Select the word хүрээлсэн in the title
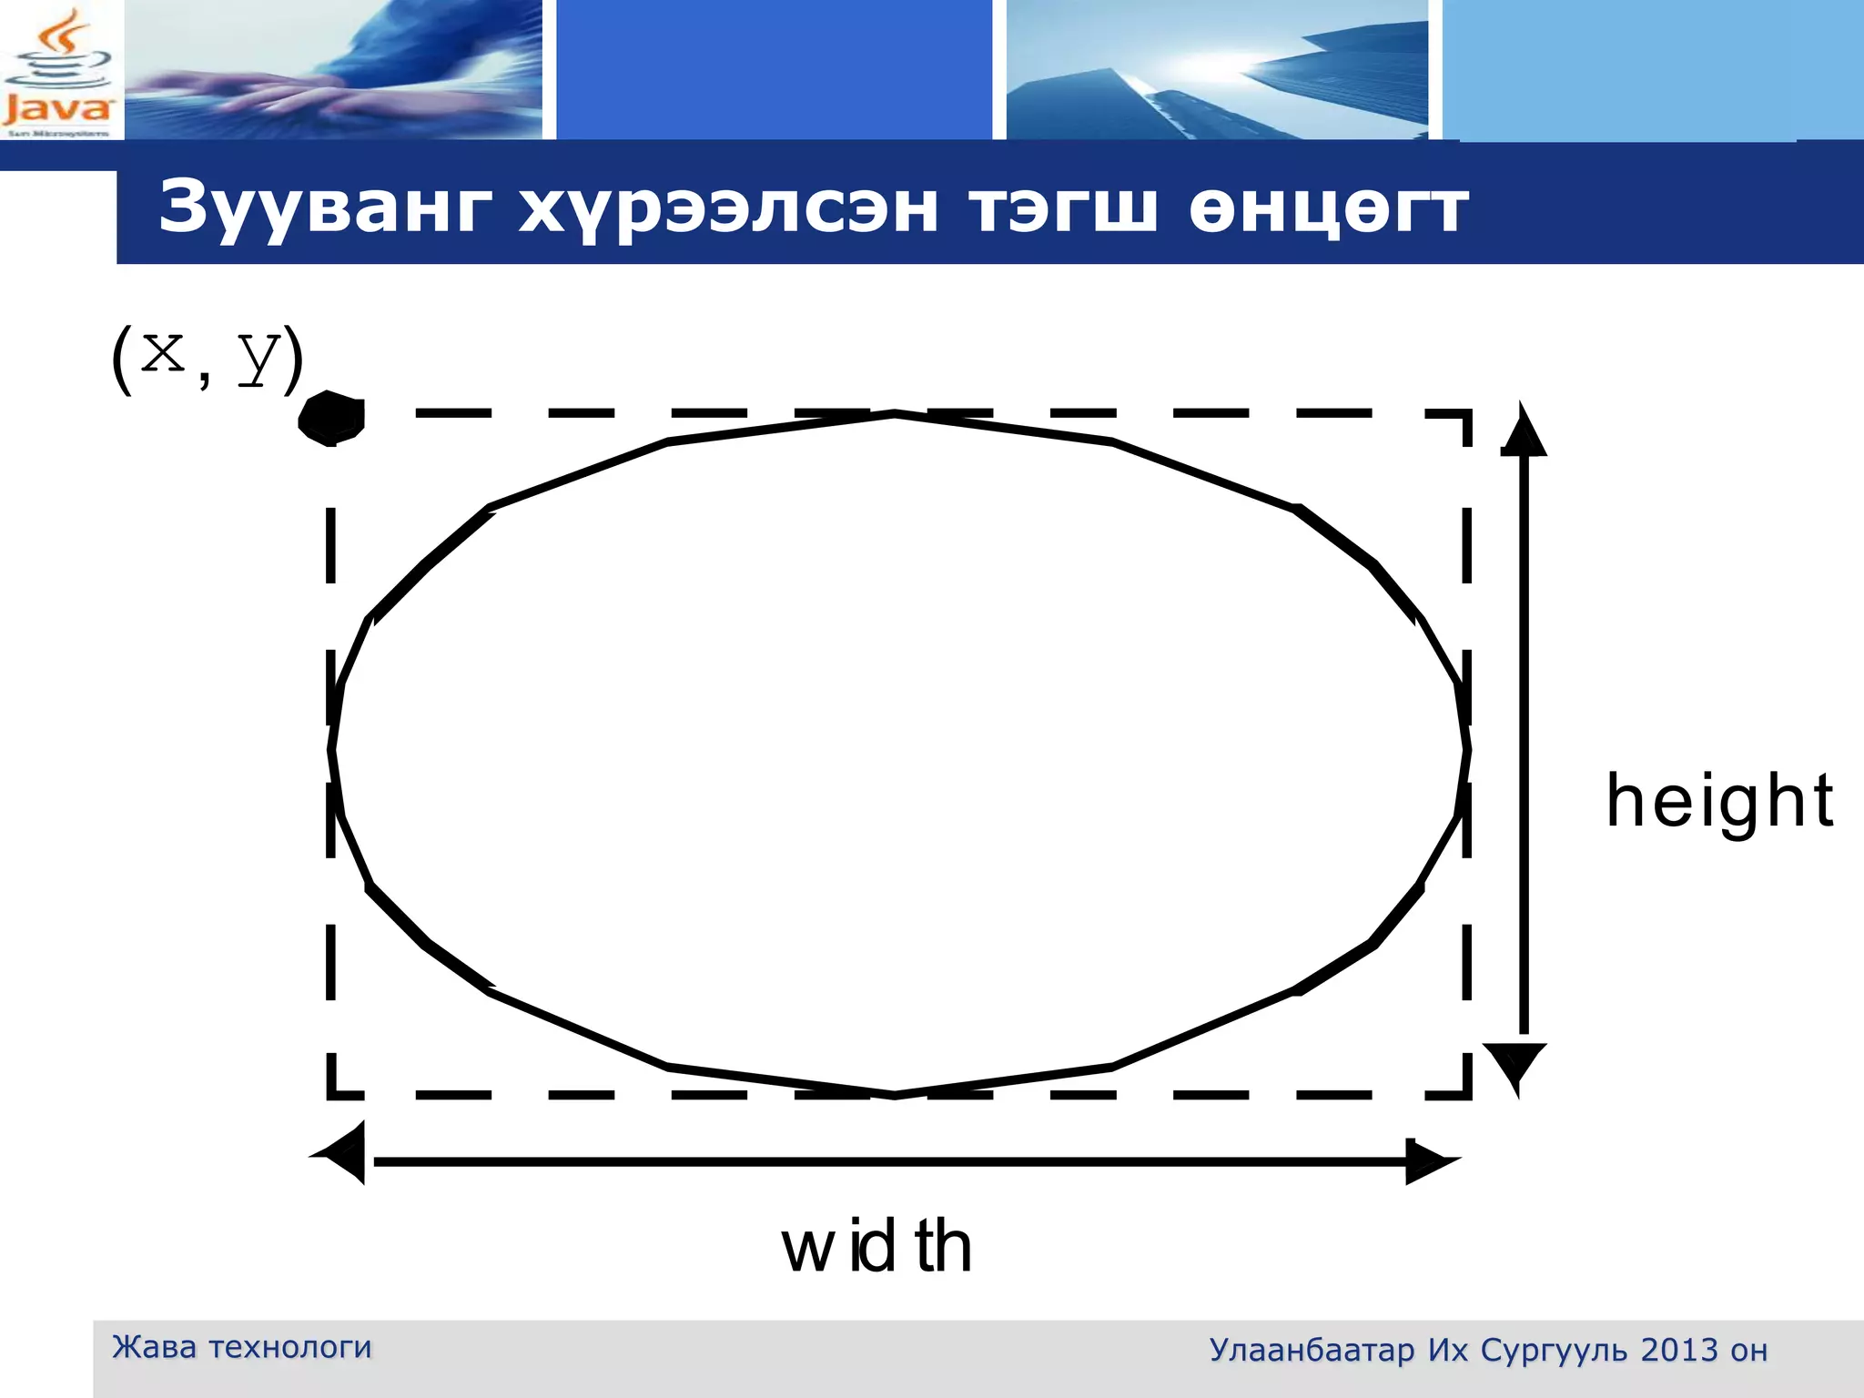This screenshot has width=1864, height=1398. pos(728,208)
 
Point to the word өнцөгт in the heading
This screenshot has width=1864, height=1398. pos(1329,208)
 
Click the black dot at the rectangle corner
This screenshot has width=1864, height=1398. pos(332,418)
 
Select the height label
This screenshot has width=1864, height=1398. pos(1719,801)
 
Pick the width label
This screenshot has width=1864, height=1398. pos(876,1247)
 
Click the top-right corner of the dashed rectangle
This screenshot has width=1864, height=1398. pos(1466,414)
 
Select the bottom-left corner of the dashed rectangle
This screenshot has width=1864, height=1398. pos(331,1094)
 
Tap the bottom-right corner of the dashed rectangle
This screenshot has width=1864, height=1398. pos(1466,1094)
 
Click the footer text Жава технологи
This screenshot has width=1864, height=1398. pos(241,1347)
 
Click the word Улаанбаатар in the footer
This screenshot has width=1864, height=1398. pos(1312,1350)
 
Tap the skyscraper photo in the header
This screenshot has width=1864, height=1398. pos(1216,71)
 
